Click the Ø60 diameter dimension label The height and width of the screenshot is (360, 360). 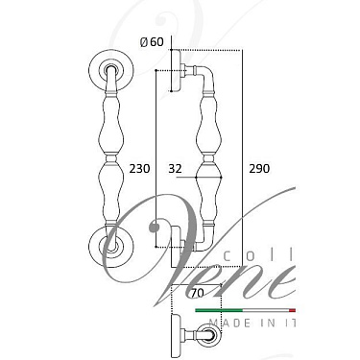153,41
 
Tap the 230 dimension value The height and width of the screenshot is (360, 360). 140,168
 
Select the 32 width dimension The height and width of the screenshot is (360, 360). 175,168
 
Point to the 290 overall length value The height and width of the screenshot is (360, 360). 259,168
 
